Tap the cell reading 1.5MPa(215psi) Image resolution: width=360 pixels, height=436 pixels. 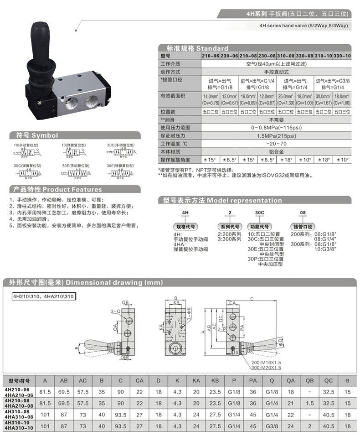276,136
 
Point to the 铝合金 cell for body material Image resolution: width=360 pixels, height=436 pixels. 276,151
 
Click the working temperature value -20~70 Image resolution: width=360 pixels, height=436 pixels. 276,144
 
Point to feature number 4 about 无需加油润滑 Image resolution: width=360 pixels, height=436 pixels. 34,219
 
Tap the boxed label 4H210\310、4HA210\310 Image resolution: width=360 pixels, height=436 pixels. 44,297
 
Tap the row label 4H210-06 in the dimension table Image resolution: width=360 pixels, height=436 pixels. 17,389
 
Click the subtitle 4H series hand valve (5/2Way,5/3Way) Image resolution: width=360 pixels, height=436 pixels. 303,26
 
